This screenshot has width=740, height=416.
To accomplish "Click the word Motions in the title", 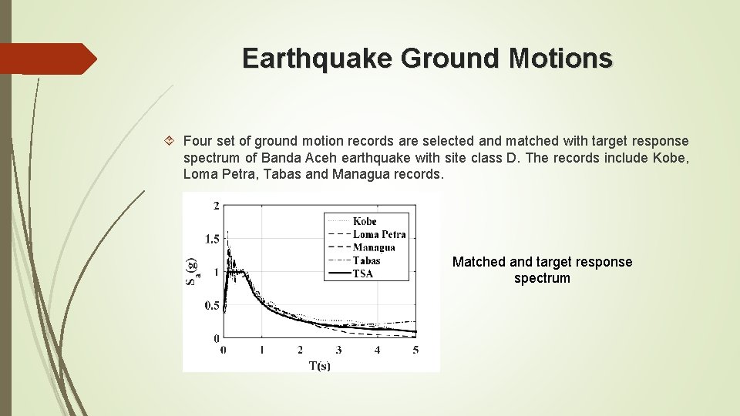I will tap(564, 59).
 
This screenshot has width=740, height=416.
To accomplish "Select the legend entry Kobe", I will tap(365, 222).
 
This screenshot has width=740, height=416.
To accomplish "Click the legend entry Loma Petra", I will tap(379, 234).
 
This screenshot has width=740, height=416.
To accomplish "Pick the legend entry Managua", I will tap(374, 247).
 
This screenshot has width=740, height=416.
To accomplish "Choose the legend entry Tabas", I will tap(366, 260).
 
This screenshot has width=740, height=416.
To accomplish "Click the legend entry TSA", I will tap(363, 273).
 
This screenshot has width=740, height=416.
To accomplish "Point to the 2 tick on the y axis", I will tap(216, 205).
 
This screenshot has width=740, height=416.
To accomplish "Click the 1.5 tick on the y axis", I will tap(211, 239).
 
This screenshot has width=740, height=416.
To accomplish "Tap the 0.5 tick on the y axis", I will tap(211, 305).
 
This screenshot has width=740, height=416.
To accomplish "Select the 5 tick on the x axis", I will tap(415, 351).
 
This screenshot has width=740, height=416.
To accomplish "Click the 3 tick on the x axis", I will tap(338, 351).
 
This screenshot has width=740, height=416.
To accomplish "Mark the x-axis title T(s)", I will tap(319, 365).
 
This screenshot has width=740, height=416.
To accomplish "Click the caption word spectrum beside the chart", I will tap(542, 279).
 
